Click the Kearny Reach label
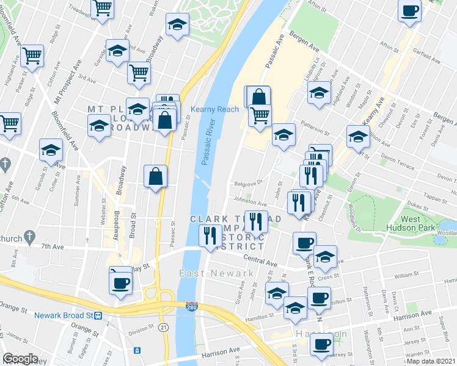click(214, 109)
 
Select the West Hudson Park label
click(418, 224)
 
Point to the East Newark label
click(217, 273)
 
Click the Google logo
click(20, 359)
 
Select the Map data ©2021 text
click(434, 361)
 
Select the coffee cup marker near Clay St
click(120, 282)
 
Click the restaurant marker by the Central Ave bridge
click(210, 236)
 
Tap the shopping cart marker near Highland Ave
click(32, 56)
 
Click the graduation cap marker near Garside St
click(51, 149)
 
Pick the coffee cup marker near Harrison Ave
click(321, 343)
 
